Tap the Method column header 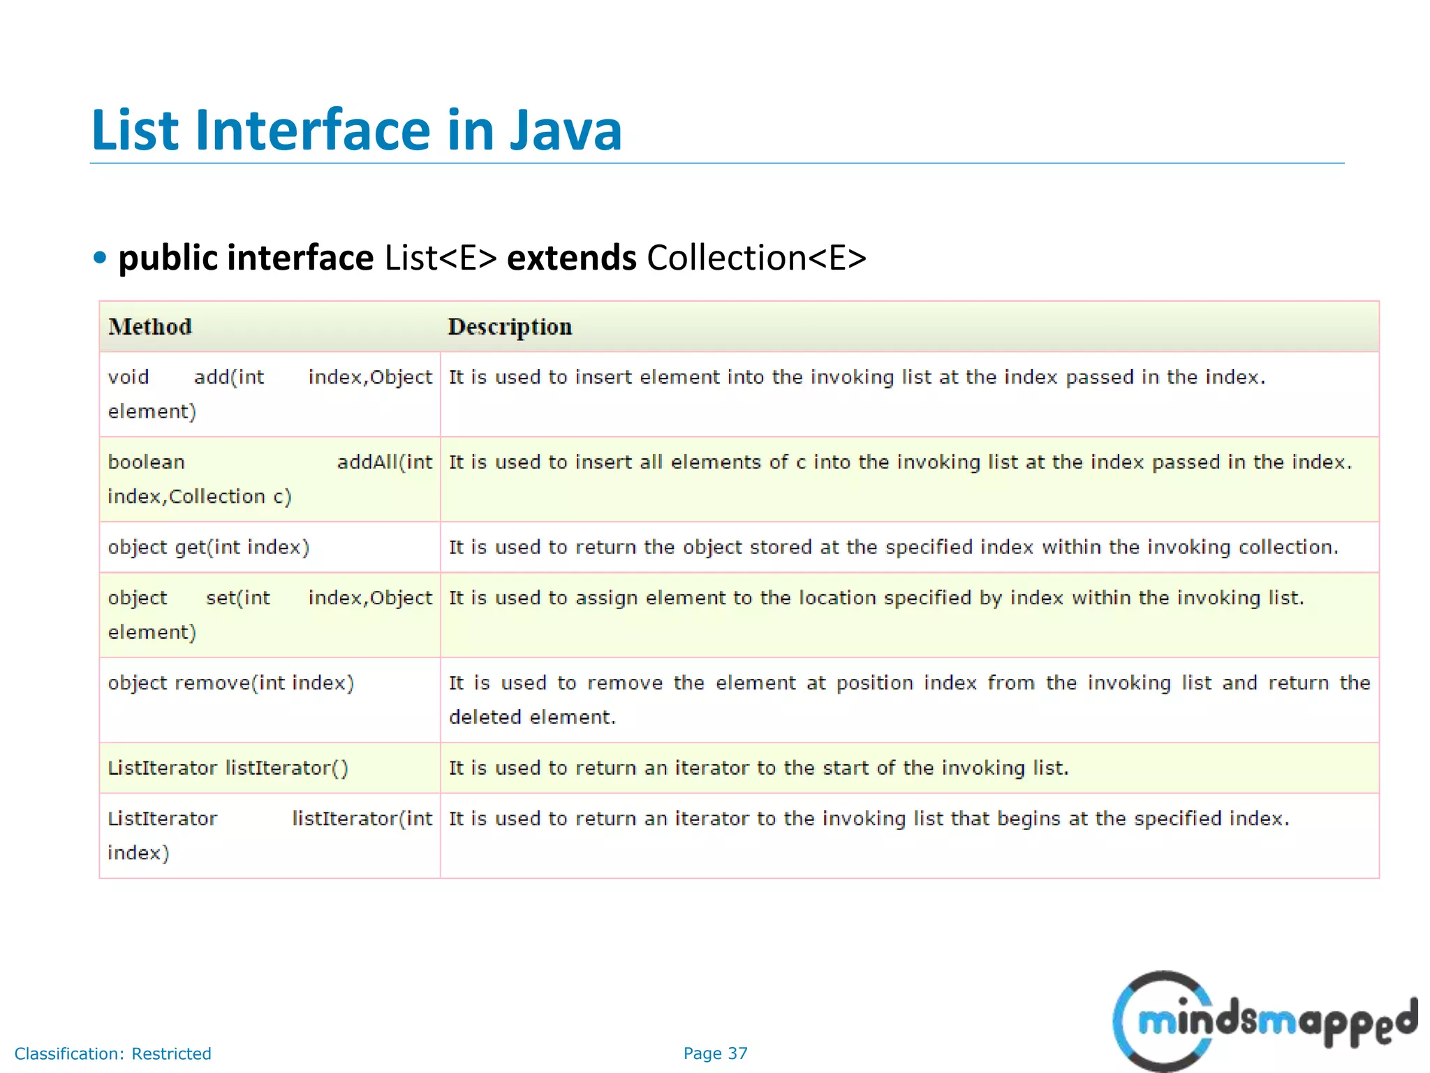150,327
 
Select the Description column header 510,327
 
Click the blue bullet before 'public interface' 100,258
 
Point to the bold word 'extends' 571,258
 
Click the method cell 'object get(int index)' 208,547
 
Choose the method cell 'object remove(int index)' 230,683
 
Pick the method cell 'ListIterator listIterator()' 228,768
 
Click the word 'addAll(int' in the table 384,462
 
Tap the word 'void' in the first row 128,377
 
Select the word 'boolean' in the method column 146,462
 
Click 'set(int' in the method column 237,598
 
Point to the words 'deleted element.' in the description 532,717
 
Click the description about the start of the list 758,768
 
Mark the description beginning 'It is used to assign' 876,598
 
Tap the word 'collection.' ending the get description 1288,547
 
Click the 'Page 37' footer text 715,1053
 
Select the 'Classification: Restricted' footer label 112,1053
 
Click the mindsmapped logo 1264,1020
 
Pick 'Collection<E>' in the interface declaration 756,258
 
